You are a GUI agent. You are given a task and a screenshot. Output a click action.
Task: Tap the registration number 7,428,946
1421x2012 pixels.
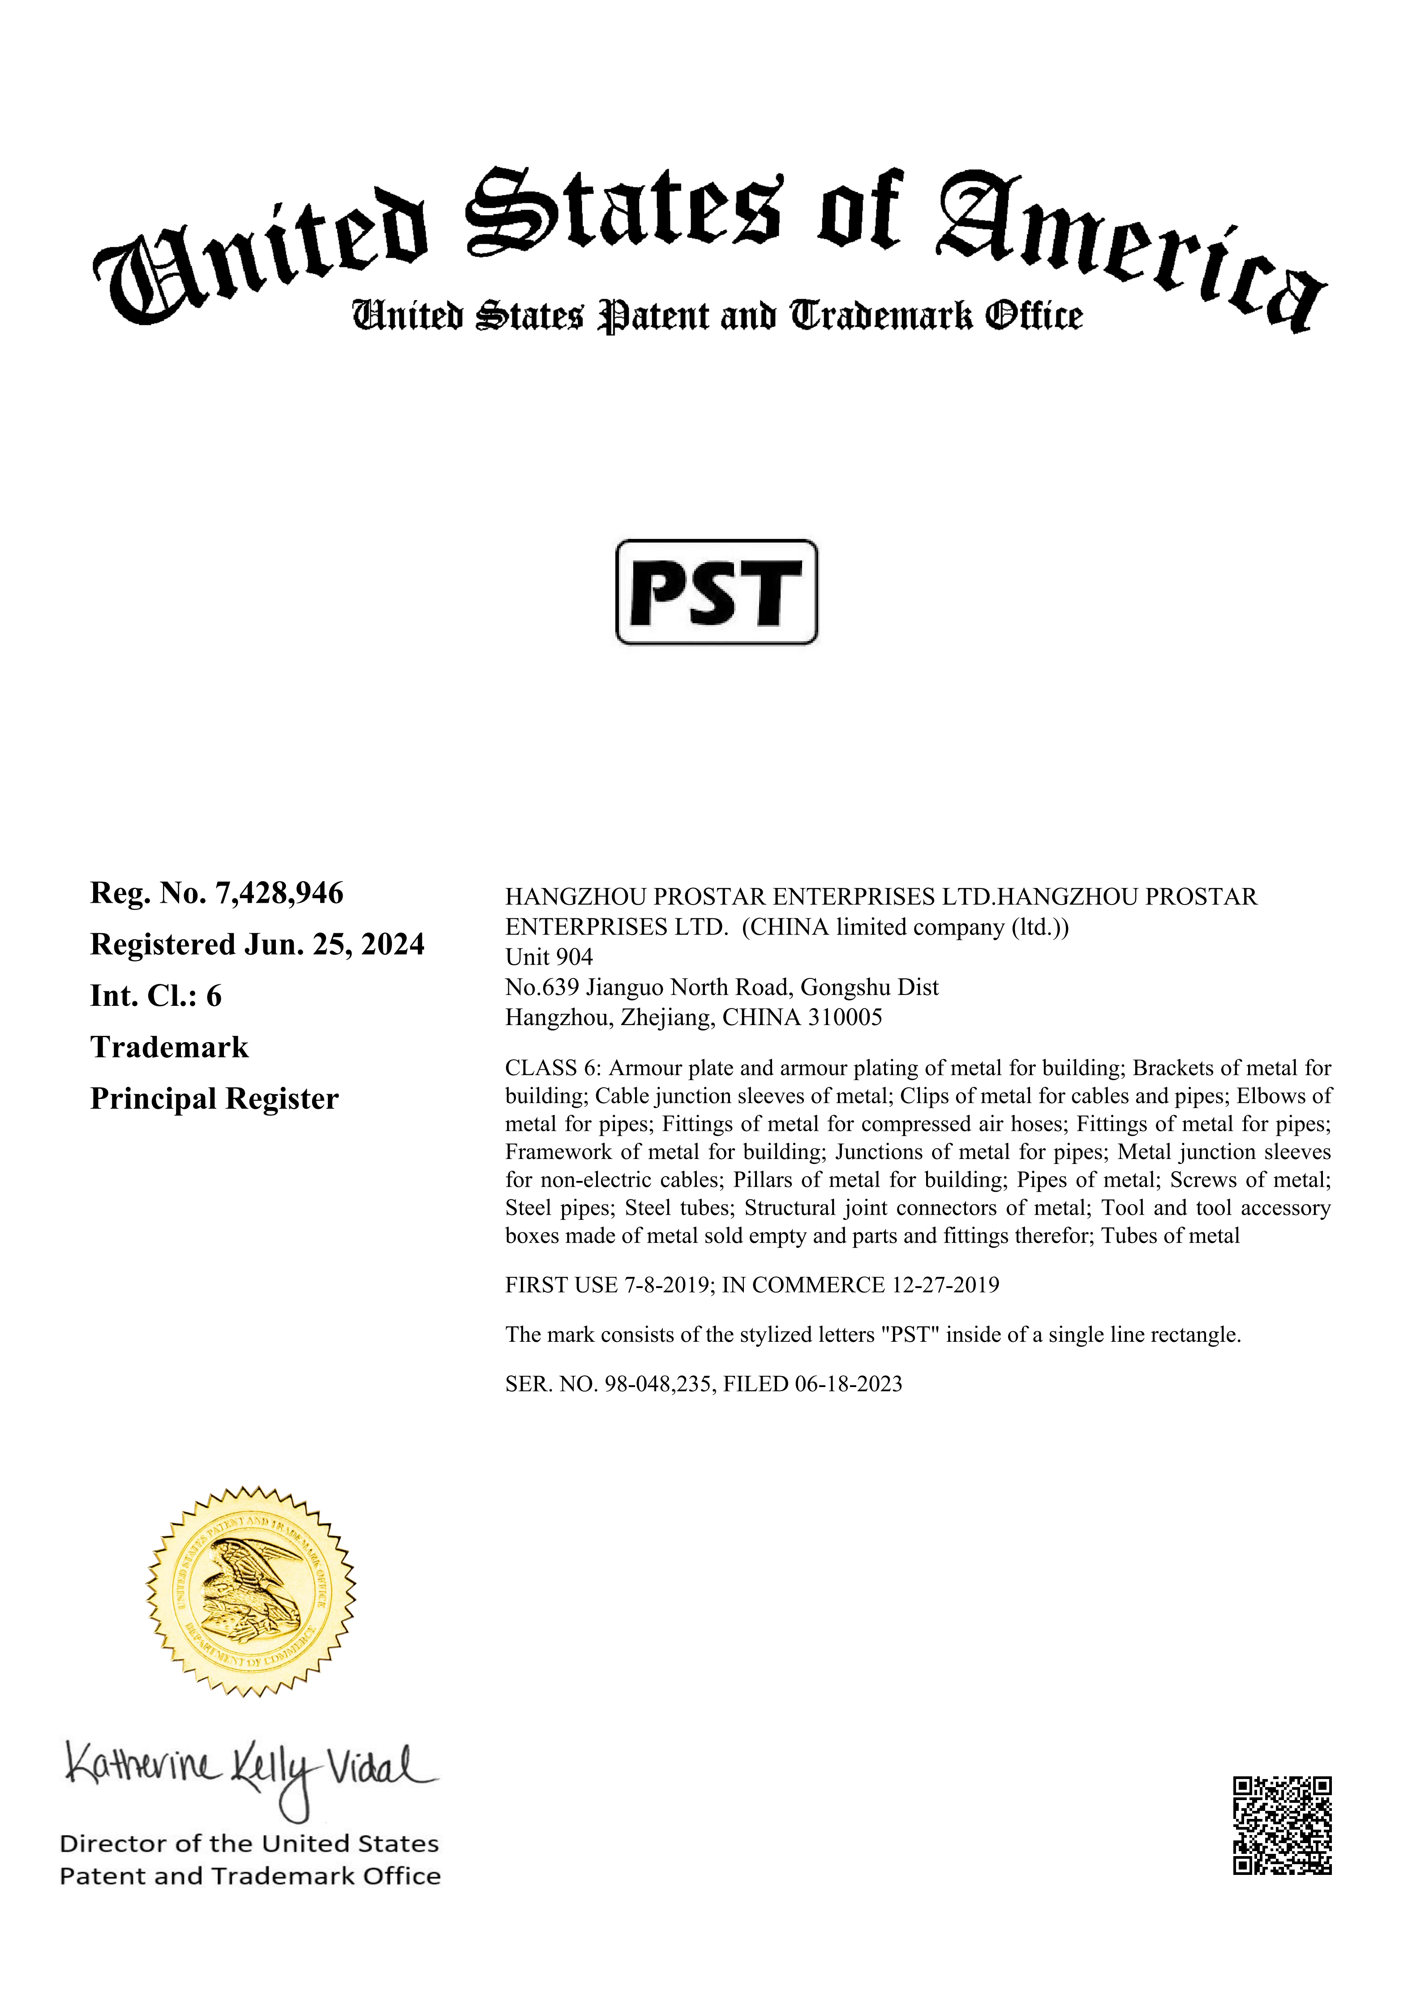click(279, 893)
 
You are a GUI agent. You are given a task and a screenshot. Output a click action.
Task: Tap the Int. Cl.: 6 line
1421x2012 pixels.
click(156, 996)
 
